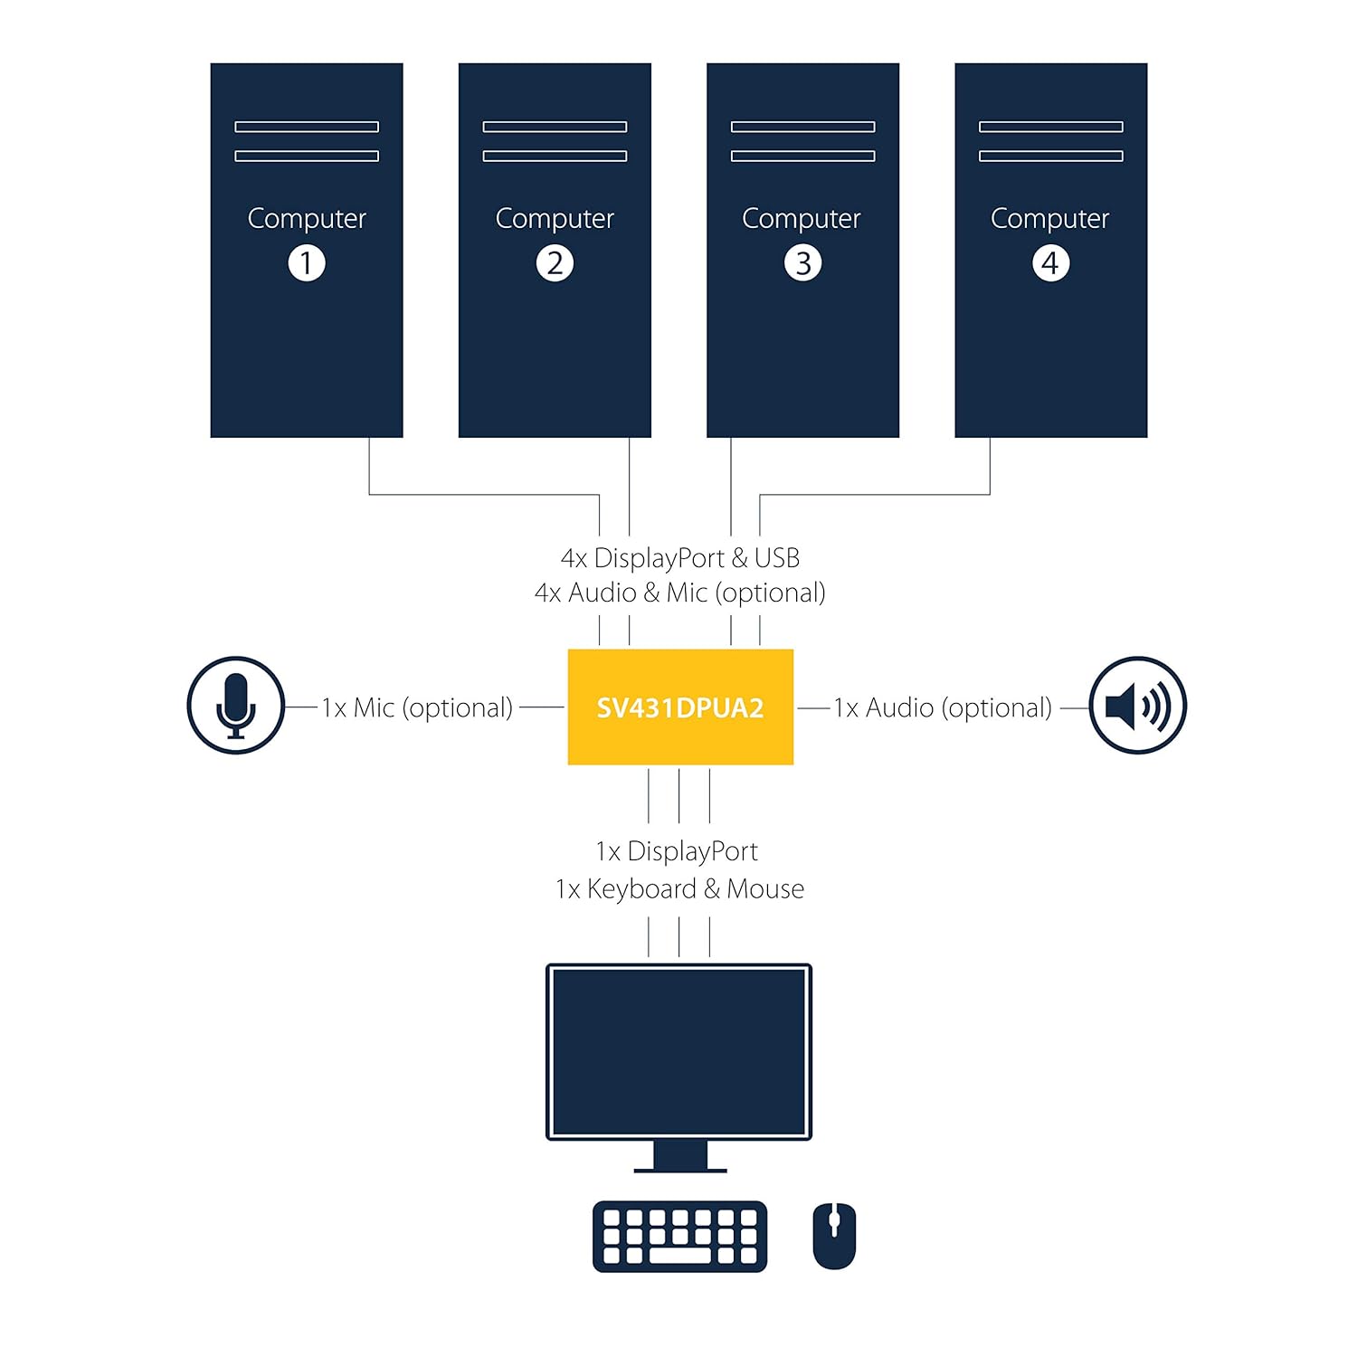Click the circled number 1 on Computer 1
coord(307,263)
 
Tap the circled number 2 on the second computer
coord(555,263)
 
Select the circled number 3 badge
coord(802,263)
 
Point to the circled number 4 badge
coord(1050,263)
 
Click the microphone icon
coord(236,706)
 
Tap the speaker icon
coord(1137,706)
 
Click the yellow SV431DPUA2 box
coord(680,707)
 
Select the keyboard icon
coord(679,1237)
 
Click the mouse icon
coord(834,1236)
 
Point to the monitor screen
coord(678,1051)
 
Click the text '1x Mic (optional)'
coord(417,707)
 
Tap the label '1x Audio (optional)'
coord(943,707)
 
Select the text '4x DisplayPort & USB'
coord(680,558)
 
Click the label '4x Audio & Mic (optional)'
coord(680,593)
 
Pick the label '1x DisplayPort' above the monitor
coord(677,851)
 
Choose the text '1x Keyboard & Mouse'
coord(679,889)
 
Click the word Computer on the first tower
coord(307,219)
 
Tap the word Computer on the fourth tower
coord(1050,219)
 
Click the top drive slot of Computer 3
coord(802,127)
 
